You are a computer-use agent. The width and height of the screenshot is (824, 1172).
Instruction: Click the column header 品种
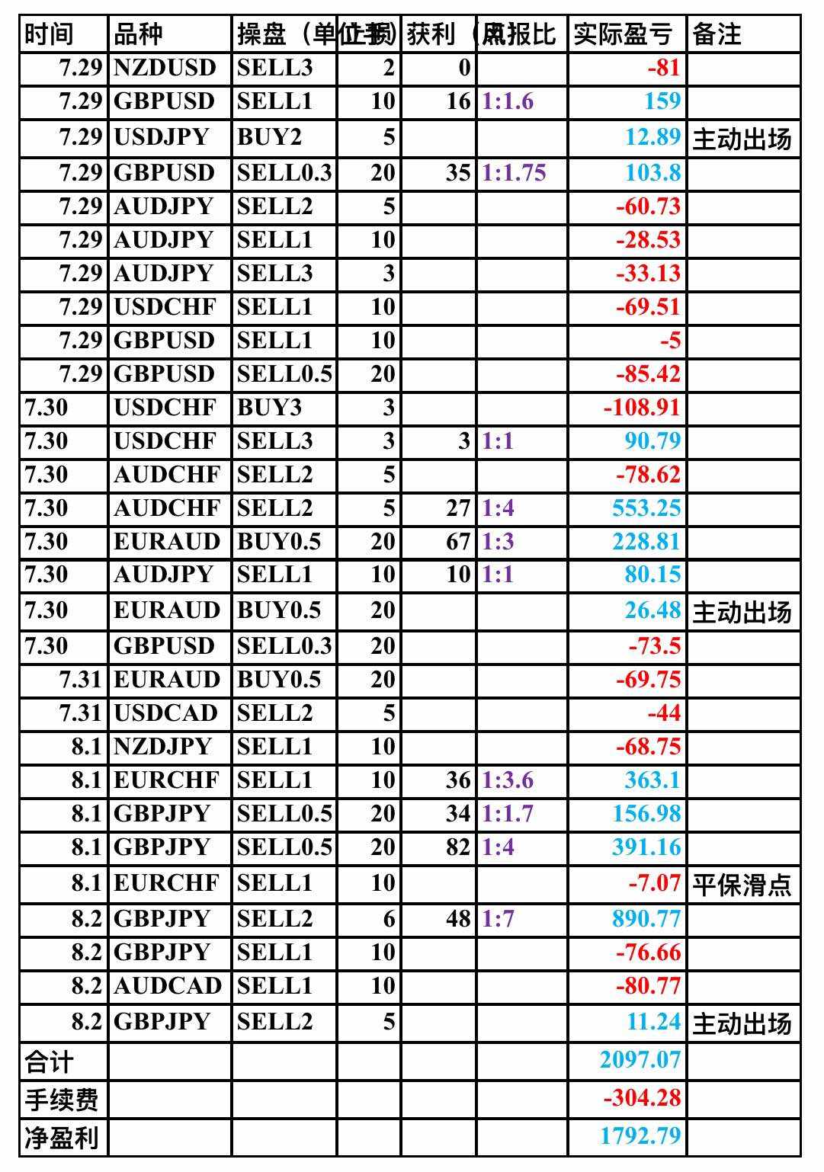138,34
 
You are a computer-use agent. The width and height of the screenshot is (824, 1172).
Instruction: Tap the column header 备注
717,34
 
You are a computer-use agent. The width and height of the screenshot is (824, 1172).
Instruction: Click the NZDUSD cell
165,68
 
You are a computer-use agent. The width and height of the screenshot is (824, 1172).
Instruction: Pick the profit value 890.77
646,918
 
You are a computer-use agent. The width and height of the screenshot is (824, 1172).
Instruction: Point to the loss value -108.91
641,407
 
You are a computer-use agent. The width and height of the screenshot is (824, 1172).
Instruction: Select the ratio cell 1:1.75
514,172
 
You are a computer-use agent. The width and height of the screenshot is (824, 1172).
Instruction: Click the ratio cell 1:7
498,918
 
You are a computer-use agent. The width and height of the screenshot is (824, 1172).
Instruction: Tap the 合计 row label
50,1061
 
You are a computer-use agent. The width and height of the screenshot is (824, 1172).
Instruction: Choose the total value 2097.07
640,1059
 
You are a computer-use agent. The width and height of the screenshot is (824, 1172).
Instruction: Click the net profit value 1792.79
640,1135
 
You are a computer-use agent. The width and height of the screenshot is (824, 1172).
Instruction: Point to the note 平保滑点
742,884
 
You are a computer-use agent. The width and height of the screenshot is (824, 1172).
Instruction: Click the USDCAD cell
165,713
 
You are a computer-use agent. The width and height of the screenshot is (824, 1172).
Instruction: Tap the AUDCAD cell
168,985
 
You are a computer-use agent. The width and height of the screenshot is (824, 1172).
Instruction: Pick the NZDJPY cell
162,746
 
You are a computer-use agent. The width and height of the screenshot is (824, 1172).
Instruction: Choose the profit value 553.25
646,508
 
